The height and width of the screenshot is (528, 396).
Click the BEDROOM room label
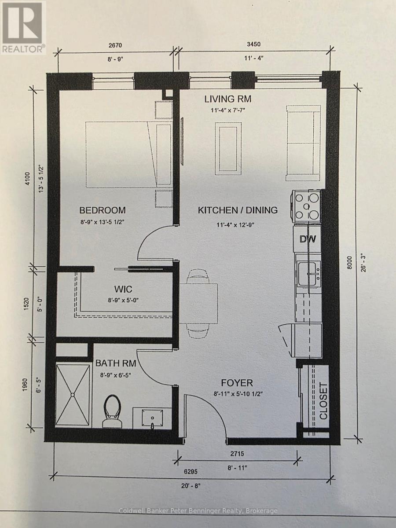pos(103,210)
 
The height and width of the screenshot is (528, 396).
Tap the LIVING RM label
pos(228,99)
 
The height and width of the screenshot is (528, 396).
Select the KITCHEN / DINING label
pos(238,210)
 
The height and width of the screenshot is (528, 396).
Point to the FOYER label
pos(237,383)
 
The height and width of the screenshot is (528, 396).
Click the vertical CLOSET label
pos(323,401)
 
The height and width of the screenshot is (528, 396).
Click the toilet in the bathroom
pos(113,411)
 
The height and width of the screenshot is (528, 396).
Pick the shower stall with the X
pos(73,394)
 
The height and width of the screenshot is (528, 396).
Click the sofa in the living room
pos(303,143)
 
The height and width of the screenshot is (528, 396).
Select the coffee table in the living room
pos(228,147)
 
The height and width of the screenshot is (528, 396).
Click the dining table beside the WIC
pos(198,303)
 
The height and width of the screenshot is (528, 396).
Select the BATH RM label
pos(115,363)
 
